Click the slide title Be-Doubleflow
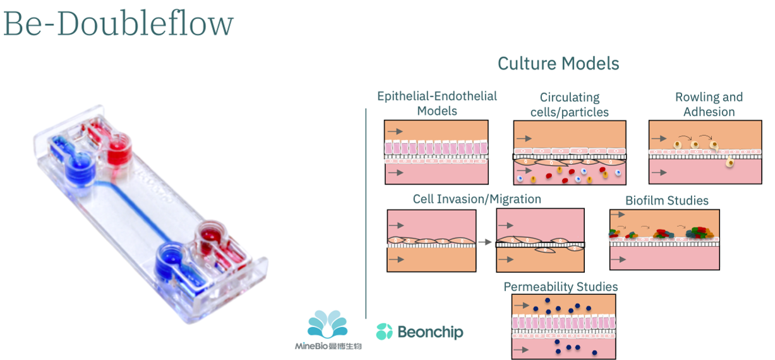tap(118, 23)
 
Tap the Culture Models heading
tap(558, 64)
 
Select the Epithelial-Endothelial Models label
tap(437, 104)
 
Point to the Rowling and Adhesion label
tap(709, 105)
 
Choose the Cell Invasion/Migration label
tap(477, 199)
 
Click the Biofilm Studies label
tap(667, 201)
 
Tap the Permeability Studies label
tap(560, 287)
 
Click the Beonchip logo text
tap(430, 332)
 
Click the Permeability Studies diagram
tap(563, 327)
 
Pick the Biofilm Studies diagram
tap(664, 239)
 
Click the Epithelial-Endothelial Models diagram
tap(436, 152)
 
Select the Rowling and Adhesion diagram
tap(705, 152)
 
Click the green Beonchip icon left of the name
tap(385, 332)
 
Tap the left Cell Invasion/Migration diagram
tap(431, 241)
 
